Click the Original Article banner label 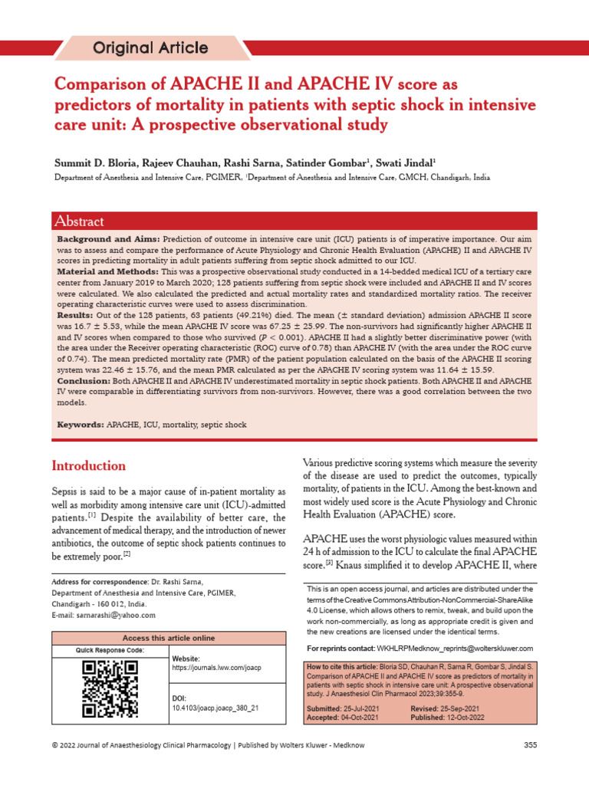150,48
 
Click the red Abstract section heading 79,222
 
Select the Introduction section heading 88,465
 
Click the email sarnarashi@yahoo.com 104,615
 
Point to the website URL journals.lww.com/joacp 217,668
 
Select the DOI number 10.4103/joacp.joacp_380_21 216,708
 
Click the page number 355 530,745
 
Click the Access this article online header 169,638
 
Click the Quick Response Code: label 110,650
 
